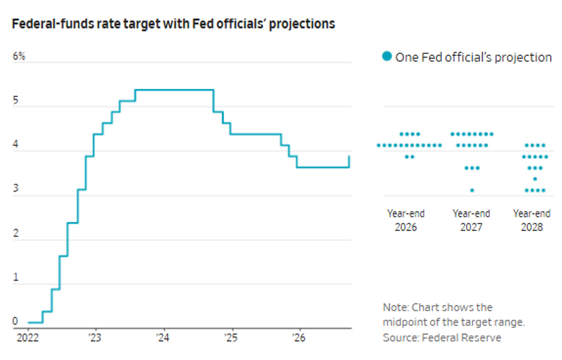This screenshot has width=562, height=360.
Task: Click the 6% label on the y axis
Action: pyautogui.click(x=19, y=56)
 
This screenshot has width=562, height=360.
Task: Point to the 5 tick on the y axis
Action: pyautogui.click(x=16, y=100)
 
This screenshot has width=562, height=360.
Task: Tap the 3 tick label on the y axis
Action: pyautogui.click(x=16, y=188)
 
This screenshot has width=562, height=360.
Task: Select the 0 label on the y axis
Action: pyautogui.click(x=15, y=321)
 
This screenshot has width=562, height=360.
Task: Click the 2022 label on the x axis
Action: pyautogui.click(x=28, y=337)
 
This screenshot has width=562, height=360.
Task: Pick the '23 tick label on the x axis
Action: pyautogui.click(x=95, y=337)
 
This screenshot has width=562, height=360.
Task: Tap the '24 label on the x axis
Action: pyautogui.click(x=163, y=337)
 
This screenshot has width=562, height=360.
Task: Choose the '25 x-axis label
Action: pyautogui.click(x=231, y=337)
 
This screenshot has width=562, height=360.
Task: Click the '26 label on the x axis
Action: pyautogui.click(x=299, y=337)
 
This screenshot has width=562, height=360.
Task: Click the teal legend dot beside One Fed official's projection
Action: pyautogui.click(x=387, y=56)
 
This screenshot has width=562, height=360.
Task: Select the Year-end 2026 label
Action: pyautogui.click(x=406, y=220)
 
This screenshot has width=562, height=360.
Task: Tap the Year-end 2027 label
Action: pyautogui.click(x=471, y=220)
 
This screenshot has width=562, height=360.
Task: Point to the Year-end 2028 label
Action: pyautogui.click(x=532, y=220)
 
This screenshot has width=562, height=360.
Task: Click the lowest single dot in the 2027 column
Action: pyautogui.click(x=472, y=190)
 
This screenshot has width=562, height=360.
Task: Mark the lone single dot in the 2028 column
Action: pyautogui.click(x=535, y=179)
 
